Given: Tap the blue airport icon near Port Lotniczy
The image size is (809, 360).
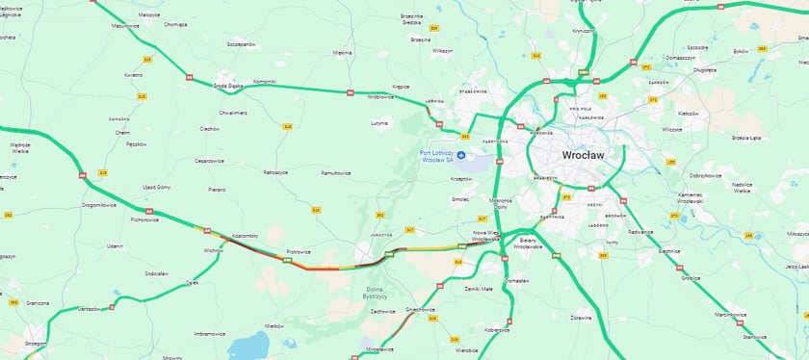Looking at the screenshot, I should click(x=460, y=155).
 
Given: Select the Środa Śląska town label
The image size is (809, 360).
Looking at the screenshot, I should click(x=227, y=86).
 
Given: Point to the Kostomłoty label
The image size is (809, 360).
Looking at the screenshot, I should click(x=246, y=235).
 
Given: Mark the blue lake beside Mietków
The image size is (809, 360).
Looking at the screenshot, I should click(x=248, y=344).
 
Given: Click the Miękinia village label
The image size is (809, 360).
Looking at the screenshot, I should click(x=343, y=53).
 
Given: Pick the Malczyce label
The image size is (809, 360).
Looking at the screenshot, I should click(x=148, y=15).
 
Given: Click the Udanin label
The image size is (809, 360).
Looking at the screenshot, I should click(x=116, y=246).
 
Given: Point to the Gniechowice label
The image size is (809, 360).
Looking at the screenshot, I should click(x=420, y=310).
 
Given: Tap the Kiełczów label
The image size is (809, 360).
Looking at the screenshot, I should click(x=688, y=113).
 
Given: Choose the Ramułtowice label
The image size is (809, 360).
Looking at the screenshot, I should click(x=335, y=173).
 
